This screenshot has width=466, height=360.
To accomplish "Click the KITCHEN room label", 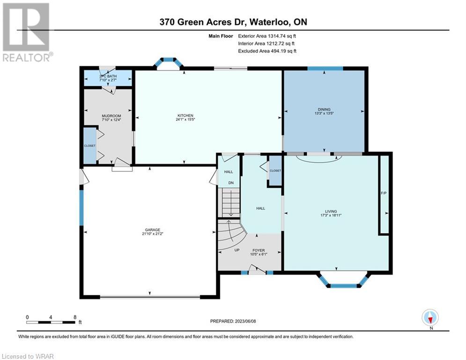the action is [185, 115].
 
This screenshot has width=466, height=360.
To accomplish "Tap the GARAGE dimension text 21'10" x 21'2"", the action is [153, 234].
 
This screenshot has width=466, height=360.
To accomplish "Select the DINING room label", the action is [324, 110].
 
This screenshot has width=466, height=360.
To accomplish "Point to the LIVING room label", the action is [331, 211].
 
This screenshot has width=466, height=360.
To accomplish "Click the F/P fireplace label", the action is [384, 193].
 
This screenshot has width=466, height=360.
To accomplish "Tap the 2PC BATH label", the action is [108, 76].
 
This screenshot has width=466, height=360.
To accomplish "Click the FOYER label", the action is [259, 250].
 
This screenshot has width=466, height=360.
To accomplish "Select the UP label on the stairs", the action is [237, 250].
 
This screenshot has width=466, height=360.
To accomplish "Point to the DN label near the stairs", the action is [231, 183].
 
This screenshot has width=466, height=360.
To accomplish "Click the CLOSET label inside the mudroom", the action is [90, 146].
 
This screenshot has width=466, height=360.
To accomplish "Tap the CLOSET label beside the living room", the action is [275, 171].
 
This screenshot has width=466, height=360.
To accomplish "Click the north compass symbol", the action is [430, 317].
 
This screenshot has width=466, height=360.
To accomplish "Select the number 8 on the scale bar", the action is [75, 317].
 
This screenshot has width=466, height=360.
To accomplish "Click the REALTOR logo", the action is [26, 32].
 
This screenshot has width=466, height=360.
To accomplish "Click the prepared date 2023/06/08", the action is [245, 321].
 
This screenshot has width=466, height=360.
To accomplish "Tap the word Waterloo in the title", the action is [270, 22].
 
